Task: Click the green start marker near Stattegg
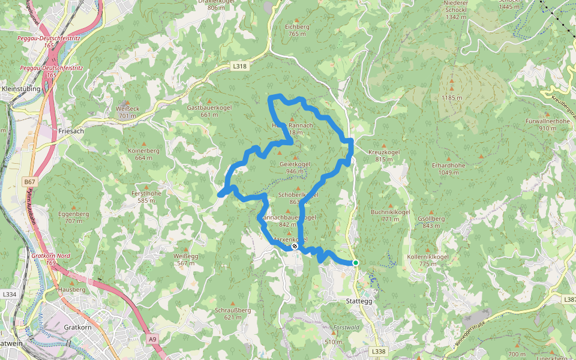[x=355, y=263]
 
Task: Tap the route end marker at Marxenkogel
[x=295, y=246]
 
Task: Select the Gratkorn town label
[x=77, y=327]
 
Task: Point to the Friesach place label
[x=71, y=130]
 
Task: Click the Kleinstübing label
[x=22, y=89]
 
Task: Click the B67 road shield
[x=30, y=181]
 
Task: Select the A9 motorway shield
[x=152, y=340]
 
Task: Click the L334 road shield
[x=9, y=295]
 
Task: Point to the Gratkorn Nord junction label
[x=51, y=256]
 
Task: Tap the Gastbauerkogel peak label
[x=209, y=107]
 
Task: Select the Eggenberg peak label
[x=74, y=214]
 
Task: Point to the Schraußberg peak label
[x=232, y=310]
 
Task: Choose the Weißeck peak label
[x=129, y=109]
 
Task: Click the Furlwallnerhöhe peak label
[x=547, y=121]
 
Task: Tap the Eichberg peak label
[x=297, y=27]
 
